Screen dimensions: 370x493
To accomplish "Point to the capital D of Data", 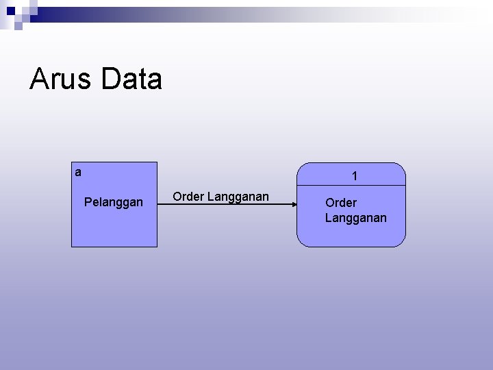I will (110, 79).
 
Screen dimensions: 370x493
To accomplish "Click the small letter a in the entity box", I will (78, 173).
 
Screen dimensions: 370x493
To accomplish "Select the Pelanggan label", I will (113, 202).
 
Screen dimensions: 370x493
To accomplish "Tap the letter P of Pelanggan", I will (87, 202).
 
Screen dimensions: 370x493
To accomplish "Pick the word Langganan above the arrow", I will (238, 197).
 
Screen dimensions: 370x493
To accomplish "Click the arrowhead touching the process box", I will (293, 204).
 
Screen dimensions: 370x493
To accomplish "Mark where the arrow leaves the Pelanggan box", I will (157, 204).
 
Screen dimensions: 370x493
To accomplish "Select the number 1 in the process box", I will (354, 177).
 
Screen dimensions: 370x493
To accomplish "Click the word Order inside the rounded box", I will (340, 203).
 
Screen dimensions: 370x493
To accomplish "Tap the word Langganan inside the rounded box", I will (355, 218).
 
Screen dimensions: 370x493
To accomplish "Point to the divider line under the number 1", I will (351, 187).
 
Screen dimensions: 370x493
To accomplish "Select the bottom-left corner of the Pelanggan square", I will (72, 246).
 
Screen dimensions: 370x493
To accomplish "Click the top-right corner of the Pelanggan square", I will (157, 162).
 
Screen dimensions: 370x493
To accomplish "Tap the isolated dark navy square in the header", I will (10, 11).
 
